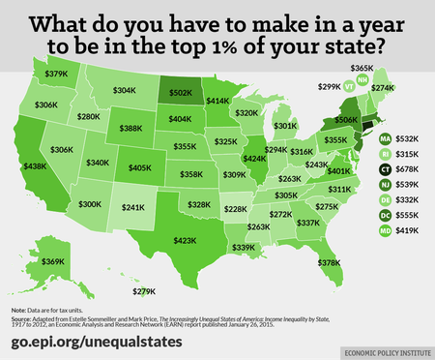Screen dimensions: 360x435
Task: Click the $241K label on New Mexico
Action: point(131,207)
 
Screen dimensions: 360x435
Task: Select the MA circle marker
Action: point(385,137)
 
